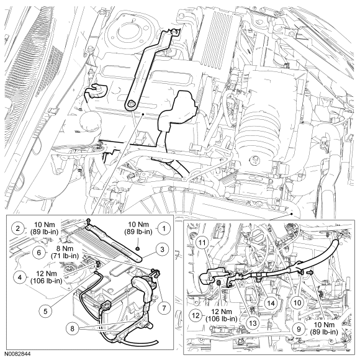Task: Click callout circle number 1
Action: pos(163,228)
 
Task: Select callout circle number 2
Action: pos(19,228)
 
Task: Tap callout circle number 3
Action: pos(162,250)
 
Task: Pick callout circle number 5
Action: pos(45,311)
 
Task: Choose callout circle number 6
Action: pos(38,253)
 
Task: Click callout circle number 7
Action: pos(164,308)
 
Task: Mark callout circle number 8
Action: pos(73,328)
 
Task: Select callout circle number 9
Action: pos(299,329)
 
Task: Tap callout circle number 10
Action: pos(297,303)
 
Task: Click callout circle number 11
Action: pos(203,243)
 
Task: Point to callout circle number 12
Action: pos(196,315)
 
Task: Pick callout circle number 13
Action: pos(253,323)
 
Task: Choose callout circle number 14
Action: pos(271,304)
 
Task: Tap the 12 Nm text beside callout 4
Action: pos(46,274)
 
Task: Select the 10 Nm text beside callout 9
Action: pos(324,325)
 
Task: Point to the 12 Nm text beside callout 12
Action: pos(222,312)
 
